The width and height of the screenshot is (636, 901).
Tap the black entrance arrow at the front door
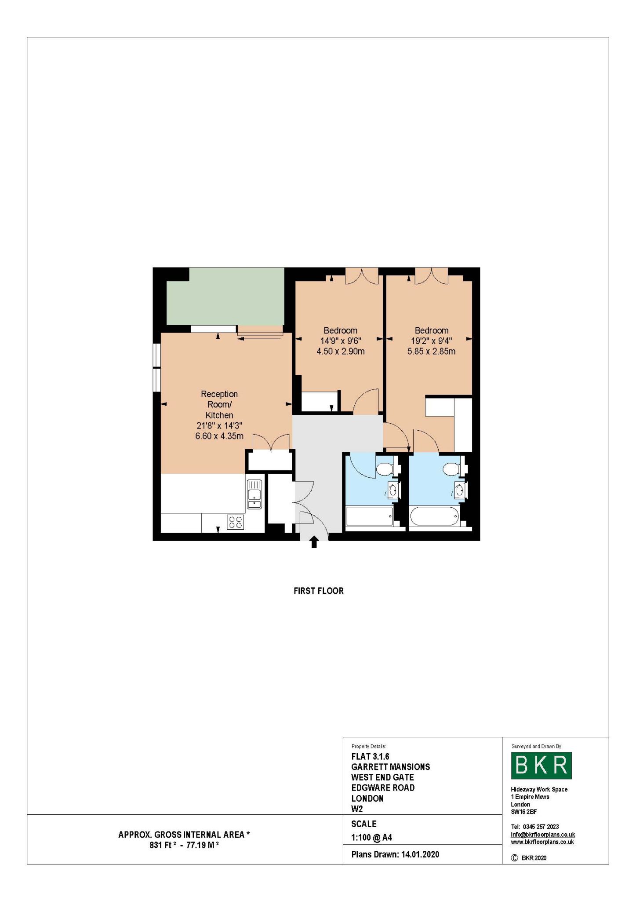pos(314,542)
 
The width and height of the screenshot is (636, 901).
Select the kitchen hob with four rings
pos(236,522)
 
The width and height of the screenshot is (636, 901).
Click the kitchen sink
pos(254,494)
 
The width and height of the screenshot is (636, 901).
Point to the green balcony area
pos(225,297)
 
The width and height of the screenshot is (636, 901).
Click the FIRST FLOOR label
pos(319,591)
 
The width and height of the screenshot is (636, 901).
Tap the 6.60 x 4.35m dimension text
pos(219,436)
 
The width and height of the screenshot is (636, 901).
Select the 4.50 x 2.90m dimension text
pos(341,351)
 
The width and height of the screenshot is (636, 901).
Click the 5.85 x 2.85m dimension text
pos(431,351)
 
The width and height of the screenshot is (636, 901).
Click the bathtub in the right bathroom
pos(434,516)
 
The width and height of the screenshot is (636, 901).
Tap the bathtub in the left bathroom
pos(369,516)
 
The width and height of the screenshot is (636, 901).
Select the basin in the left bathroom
pos(393,490)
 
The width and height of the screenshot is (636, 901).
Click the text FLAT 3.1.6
pos(370,757)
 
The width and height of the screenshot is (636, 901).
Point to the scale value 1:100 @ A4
pos(371,838)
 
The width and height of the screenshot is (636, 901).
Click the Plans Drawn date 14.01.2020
pos(420,854)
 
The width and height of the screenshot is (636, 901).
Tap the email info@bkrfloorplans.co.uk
pos(542,835)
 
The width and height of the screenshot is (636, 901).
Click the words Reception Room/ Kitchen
pos(219,404)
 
